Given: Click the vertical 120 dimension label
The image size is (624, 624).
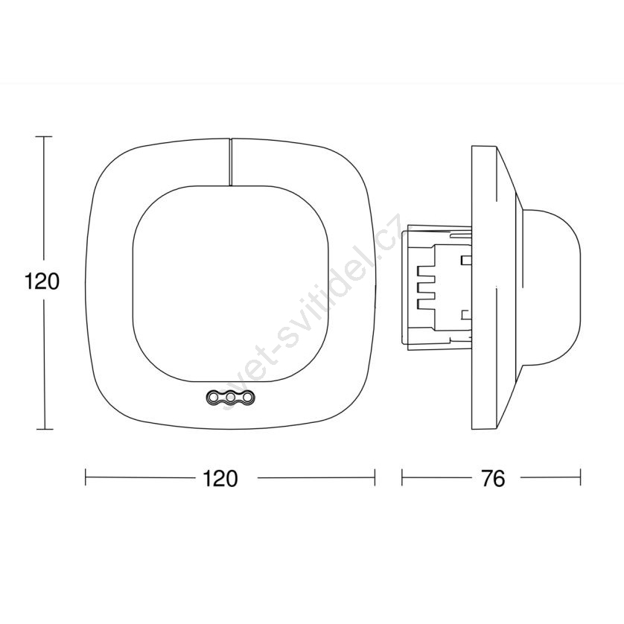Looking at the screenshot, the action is click(x=42, y=281).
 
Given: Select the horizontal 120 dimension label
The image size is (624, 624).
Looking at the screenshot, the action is click(x=220, y=479).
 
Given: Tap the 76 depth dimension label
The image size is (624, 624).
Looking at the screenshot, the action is click(x=493, y=479).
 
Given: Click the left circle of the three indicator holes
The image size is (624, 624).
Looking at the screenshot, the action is click(x=212, y=397).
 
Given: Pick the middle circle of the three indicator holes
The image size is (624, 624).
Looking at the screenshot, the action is click(x=230, y=397).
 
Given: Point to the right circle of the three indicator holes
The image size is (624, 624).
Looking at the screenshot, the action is click(x=247, y=397).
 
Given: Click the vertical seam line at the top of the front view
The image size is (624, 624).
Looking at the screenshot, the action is click(x=230, y=162).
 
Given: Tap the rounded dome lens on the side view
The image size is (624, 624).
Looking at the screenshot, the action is click(x=551, y=287).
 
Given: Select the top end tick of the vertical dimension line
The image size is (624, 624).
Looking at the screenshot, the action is click(x=44, y=136).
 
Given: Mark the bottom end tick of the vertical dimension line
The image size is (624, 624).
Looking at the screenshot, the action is click(x=44, y=429).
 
